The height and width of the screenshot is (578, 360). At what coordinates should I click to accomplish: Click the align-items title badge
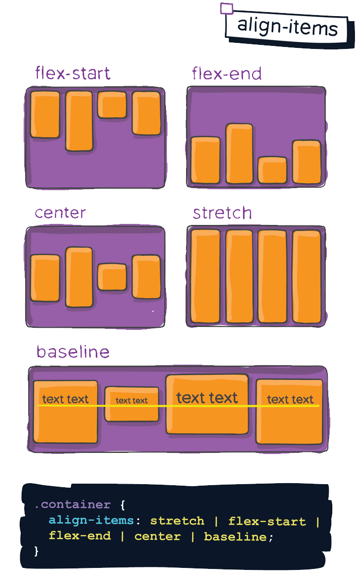click(x=286, y=26)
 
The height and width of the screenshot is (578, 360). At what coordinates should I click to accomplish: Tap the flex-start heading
click(x=72, y=74)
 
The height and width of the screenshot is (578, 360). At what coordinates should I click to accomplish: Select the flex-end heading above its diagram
click(x=227, y=74)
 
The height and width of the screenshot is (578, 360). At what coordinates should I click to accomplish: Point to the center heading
click(x=61, y=213)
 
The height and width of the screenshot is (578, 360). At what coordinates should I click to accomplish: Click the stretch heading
click(x=222, y=213)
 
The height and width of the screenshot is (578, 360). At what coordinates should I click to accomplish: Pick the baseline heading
click(x=73, y=352)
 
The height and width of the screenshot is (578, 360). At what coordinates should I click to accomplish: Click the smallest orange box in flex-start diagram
click(x=112, y=105)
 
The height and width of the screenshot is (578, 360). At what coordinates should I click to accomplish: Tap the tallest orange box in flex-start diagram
click(x=79, y=121)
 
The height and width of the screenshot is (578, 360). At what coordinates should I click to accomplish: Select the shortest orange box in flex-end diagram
click(x=272, y=170)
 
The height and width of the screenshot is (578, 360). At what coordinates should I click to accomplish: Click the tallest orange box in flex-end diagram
click(x=239, y=153)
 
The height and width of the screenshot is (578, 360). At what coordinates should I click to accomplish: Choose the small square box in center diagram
click(x=112, y=277)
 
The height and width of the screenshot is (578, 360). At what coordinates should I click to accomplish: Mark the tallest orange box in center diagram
click(x=79, y=277)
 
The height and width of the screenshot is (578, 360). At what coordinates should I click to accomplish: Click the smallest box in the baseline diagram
click(x=132, y=403)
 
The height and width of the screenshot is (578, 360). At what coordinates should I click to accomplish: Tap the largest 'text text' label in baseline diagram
click(x=207, y=398)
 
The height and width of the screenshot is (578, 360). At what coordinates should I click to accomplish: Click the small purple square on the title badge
click(x=227, y=9)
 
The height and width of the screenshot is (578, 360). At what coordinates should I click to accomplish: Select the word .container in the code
click(x=73, y=505)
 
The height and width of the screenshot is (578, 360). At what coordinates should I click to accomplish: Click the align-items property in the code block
click(x=91, y=521)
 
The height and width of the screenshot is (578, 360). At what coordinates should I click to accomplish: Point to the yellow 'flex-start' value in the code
click(x=267, y=521)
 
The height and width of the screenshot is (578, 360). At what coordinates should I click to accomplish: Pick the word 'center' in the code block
click(x=157, y=536)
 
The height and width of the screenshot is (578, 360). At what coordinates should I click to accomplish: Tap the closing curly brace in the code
click(x=36, y=551)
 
